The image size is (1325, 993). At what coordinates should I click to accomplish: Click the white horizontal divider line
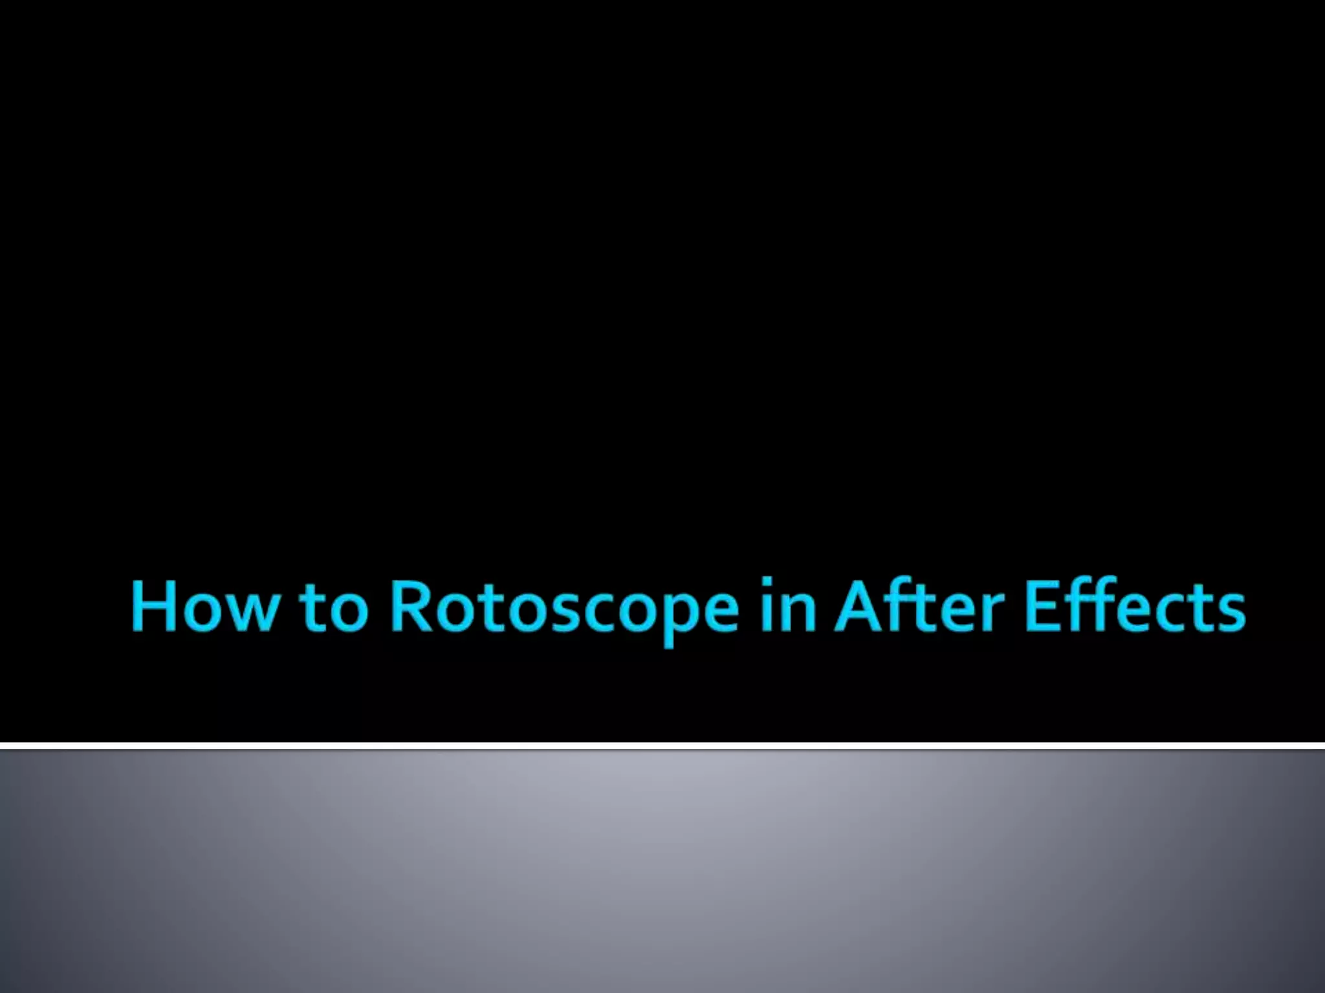662,746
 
